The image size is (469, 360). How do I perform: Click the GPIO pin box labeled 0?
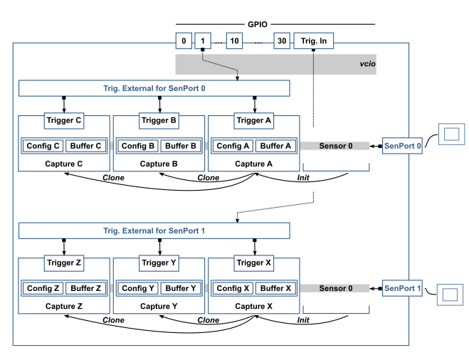click(184, 41)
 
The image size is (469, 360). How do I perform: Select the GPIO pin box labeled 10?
click(234, 41)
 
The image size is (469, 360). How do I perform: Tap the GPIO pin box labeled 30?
click(282, 41)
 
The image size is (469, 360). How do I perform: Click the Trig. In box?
click(313, 41)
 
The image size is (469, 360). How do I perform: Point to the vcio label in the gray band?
click(367, 64)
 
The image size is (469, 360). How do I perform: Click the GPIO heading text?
click(258, 24)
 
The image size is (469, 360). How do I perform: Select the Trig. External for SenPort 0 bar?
click(154, 88)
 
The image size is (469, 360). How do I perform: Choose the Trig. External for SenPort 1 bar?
click(154, 231)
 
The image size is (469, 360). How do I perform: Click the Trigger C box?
click(64, 120)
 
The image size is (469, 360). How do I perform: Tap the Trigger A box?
click(253, 120)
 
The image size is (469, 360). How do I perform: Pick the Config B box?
click(137, 146)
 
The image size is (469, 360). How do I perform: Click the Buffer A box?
click(275, 146)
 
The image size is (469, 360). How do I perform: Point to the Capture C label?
click(64, 164)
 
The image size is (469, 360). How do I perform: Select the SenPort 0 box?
click(402, 146)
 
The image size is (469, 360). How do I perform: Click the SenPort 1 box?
click(402, 288)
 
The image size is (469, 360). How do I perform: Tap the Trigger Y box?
click(159, 263)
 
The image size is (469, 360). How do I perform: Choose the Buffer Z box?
click(86, 288)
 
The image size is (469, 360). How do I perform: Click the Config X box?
click(233, 288)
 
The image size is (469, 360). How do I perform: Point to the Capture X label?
click(253, 306)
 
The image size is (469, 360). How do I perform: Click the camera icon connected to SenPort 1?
click(450, 295)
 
